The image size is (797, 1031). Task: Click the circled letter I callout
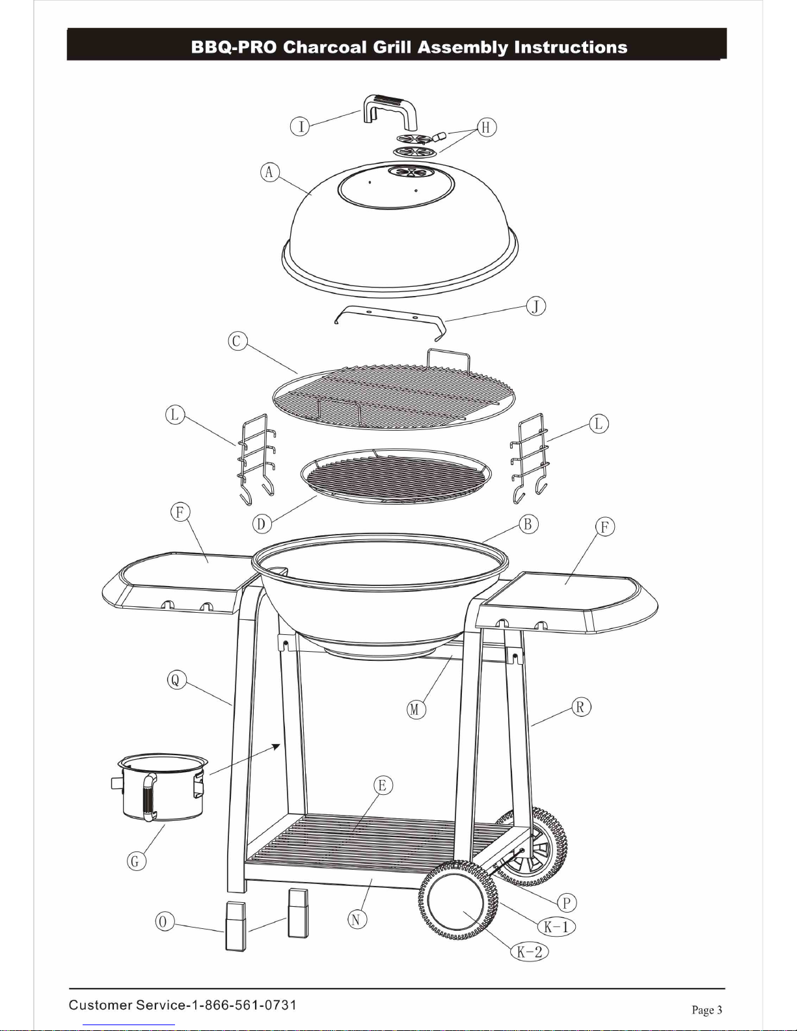[300, 127]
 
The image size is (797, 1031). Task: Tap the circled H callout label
[486, 127]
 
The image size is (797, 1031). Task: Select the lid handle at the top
[390, 111]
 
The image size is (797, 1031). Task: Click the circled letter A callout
[269, 172]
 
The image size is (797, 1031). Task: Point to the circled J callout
[535, 306]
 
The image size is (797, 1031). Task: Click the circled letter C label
[237, 341]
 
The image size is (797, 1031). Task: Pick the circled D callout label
[262, 524]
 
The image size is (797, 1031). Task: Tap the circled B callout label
[528, 524]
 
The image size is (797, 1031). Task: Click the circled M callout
[416, 709]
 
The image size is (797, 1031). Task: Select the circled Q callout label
[176, 680]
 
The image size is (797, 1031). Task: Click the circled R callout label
[580, 707]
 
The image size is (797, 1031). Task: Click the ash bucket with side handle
[160, 787]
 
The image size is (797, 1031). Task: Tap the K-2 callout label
[529, 952]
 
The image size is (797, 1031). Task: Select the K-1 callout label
[556, 926]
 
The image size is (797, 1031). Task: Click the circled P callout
[567, 902]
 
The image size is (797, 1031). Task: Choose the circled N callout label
[357, 920]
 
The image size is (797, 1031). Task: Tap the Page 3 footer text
[707, 1010]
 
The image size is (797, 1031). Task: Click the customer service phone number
[243, 1004]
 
